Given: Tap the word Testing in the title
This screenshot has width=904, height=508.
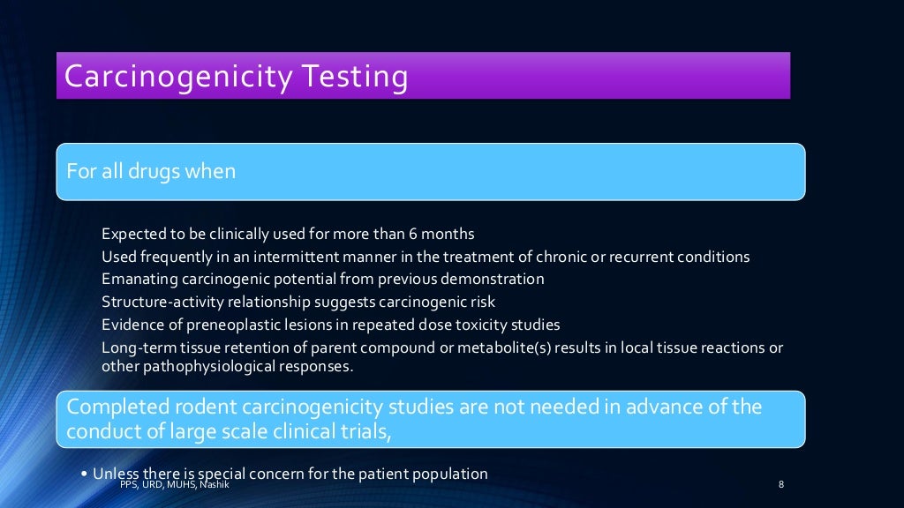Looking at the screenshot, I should click(x=351, y=77).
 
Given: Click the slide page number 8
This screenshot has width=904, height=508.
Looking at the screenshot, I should click(x=781, y=484).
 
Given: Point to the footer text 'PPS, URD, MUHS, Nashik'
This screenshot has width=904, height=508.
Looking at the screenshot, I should click(x=174, y=484).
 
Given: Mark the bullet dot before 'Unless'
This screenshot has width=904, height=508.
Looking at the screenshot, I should click(x=84, y=474).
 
